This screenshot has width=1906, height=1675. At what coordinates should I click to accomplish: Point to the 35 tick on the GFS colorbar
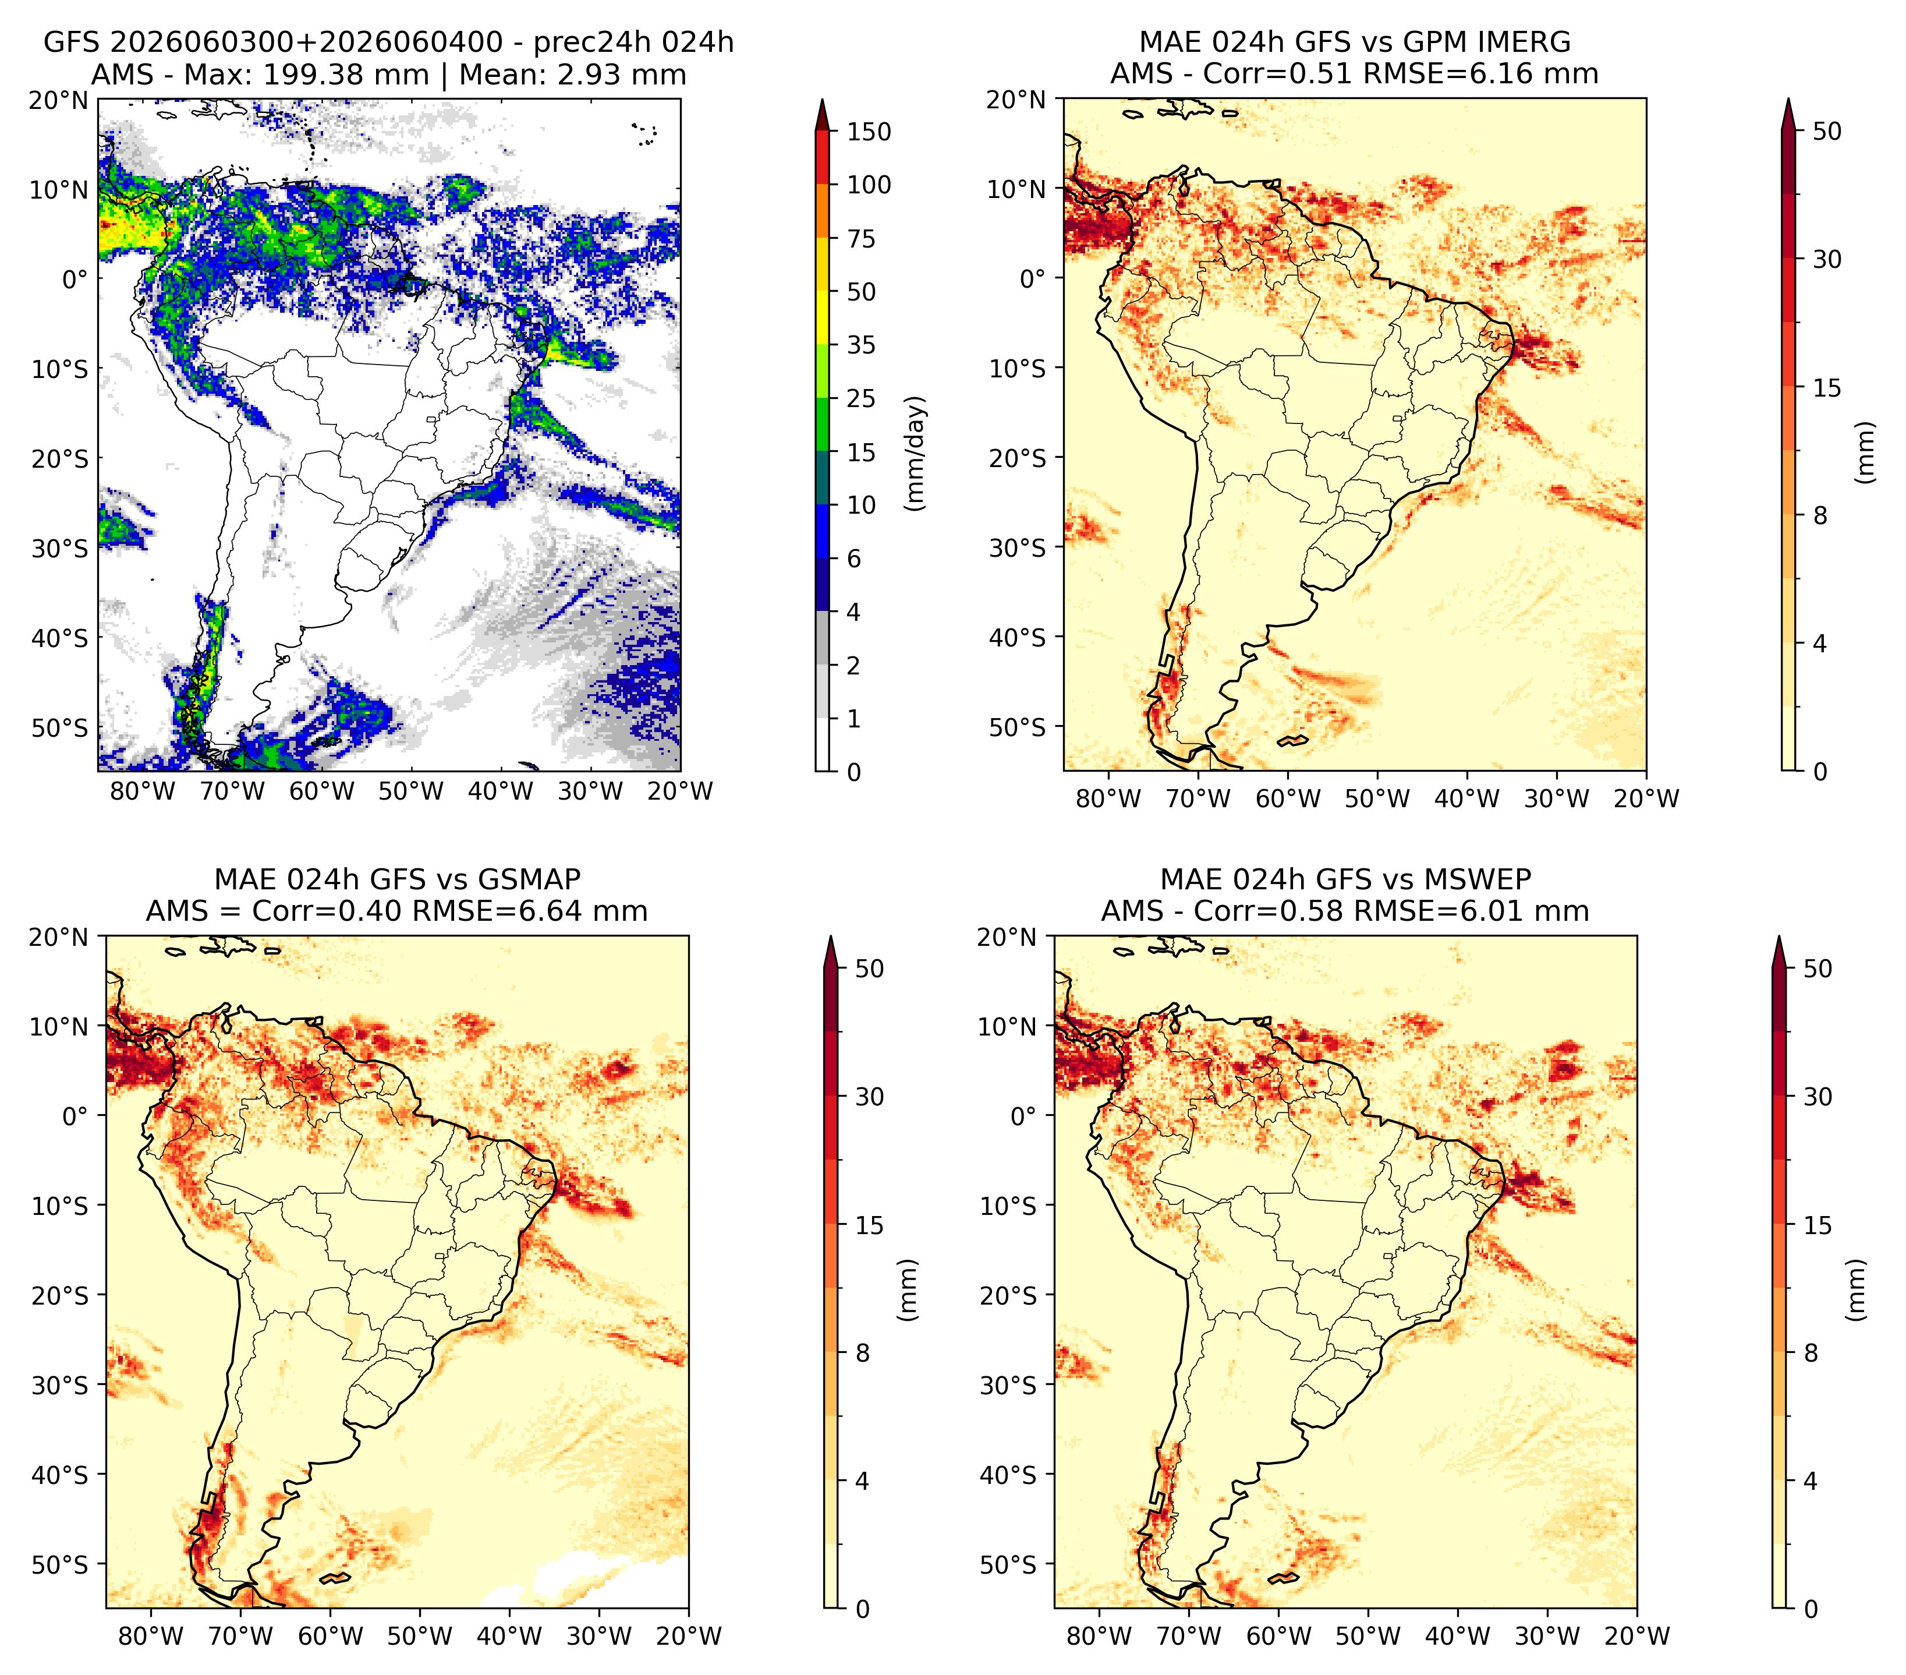(x=860, y=345)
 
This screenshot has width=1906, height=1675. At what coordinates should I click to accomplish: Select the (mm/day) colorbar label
(x=917, y=453)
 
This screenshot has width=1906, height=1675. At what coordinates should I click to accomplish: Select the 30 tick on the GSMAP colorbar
(x=869, y=1097)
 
